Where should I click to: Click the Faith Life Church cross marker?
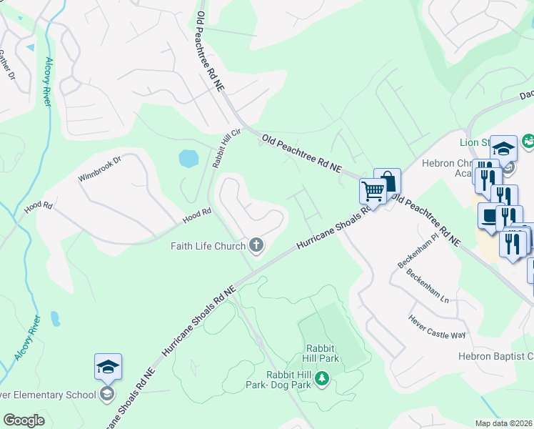256,247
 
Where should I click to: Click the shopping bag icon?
387,181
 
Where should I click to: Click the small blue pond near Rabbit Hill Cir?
188,158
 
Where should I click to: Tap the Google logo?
24,420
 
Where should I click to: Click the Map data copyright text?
504,423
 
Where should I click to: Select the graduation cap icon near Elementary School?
108,366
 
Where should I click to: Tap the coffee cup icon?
490,216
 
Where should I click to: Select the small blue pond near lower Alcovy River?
55,317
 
